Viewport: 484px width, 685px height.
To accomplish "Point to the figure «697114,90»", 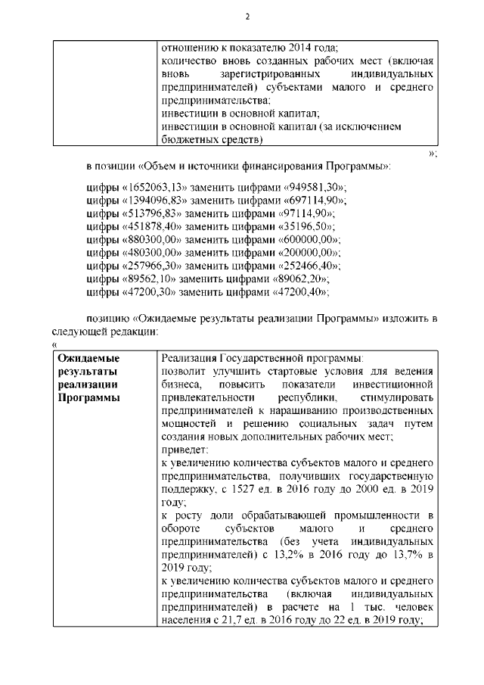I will point(311,201).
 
